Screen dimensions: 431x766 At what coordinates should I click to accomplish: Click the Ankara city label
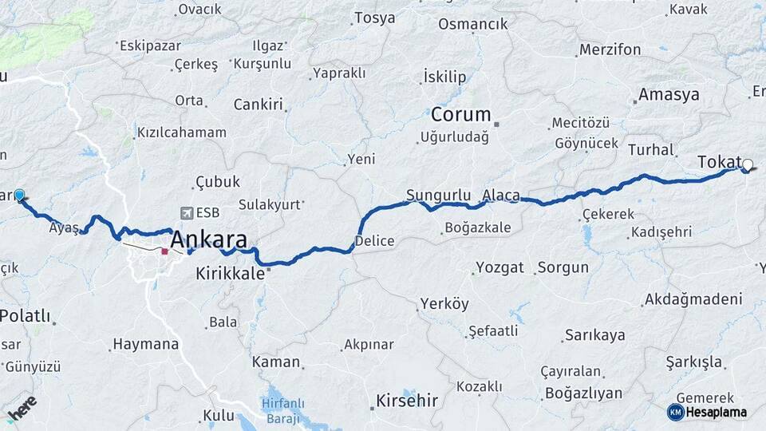[x=208, y=239]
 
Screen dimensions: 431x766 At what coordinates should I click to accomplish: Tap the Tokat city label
[x=719, y=161]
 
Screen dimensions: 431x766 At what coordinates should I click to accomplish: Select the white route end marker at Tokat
[x=748, y=166]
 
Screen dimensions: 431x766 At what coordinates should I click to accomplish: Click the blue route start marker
[x=19, y=194]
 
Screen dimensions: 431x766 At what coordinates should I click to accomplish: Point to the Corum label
[x=461, y=114]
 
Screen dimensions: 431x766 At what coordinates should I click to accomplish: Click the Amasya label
[x=669, y=94]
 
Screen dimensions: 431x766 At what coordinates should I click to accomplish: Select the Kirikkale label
[x=231, y=273]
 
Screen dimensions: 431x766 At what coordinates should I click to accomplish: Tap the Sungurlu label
[x=435, y=195]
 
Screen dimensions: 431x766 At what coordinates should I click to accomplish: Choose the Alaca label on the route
[x=501, y=195]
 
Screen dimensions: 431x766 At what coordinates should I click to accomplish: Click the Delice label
[x=374, y=239]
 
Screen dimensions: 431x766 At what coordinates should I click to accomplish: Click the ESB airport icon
[x=187, y=212]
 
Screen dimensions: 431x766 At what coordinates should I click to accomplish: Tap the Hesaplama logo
[x=707, y=412]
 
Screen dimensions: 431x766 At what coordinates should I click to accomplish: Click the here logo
[x=22, y=409]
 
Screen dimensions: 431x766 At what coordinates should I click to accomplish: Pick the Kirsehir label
[x=407, y=401]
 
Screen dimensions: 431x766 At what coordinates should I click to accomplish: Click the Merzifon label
[x=610, y=49]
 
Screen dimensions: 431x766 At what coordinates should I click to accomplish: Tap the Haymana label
[x=146, y=345]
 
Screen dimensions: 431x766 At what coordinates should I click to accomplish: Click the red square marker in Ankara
[x=164, y=251]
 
